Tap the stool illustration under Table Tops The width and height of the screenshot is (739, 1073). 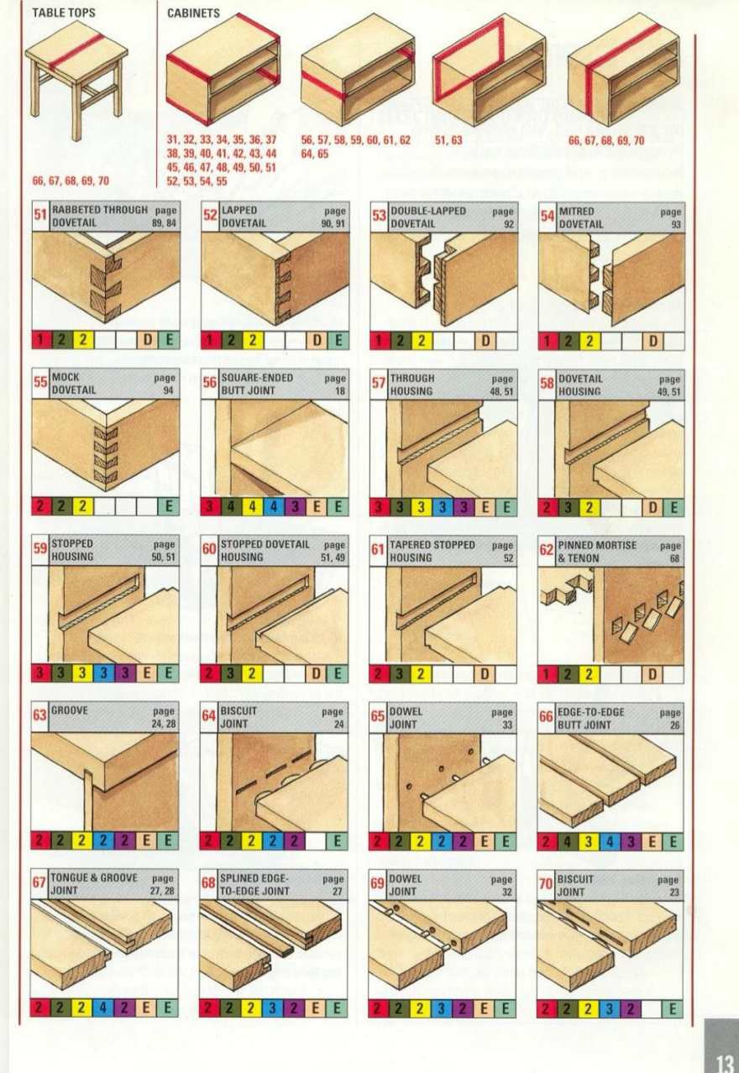click(x=76, y=80)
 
